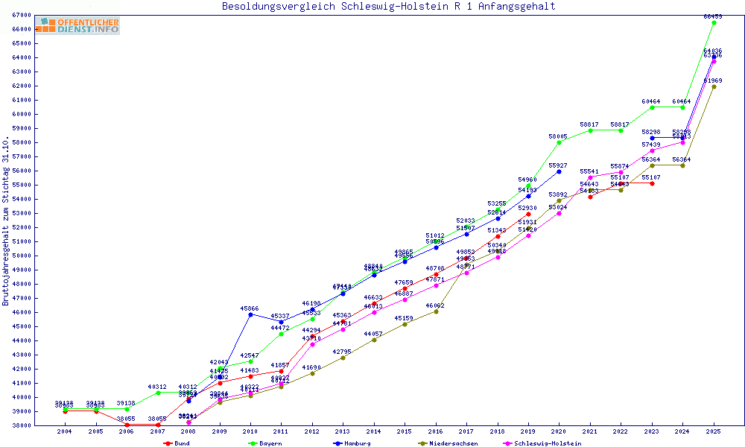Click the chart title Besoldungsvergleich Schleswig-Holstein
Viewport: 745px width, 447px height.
388,7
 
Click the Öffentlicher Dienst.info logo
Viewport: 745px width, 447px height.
77,25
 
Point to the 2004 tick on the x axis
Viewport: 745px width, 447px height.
65,431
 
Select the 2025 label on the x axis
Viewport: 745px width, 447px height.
714,431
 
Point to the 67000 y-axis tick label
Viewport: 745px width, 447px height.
22,15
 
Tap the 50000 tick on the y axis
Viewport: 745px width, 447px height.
22,256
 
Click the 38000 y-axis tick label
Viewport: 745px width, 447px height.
22,425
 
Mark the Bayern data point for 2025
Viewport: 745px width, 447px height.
714,22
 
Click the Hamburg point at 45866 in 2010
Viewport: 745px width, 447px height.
250,314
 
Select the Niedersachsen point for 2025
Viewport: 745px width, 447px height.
714,86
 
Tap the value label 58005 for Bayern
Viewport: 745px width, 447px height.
558,136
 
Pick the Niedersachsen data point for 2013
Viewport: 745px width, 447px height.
343,358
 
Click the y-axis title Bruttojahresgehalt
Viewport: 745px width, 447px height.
7,221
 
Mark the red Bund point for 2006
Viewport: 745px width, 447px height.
127,425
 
